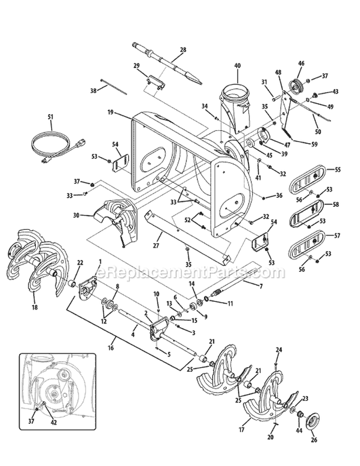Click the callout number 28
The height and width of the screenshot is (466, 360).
183,49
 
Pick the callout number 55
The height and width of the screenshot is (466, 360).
338,170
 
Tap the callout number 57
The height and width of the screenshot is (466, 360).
338,236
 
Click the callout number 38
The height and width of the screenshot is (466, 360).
93,90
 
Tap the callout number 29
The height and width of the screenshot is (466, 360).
136,65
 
